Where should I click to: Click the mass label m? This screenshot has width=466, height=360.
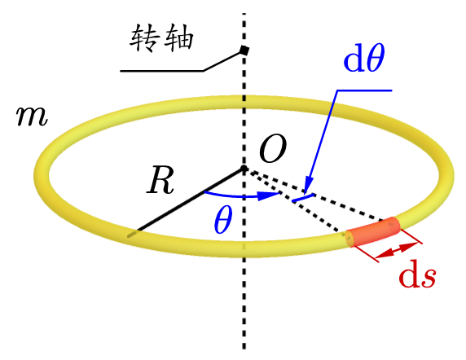pyautogui.click(x=32, y=116)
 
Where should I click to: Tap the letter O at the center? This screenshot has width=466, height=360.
pyautogui.click(x=273, y=149)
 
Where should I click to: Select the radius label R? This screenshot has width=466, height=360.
pyautogui.click(x=160, y=180)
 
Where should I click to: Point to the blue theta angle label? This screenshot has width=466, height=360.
pyautogui.click(x=223, y=220)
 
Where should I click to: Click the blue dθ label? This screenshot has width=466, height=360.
pyautogui.click(x=364, y=57)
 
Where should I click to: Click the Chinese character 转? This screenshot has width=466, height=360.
pyautogui.click(x=143, y=38)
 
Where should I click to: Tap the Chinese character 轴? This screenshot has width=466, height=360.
pyautogui.click(x=179, y=38)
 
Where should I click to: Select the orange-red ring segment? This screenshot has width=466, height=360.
pyautogui.click(x=372, y=231)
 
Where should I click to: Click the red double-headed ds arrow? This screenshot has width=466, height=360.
pyautogui.click(x=397, y=250)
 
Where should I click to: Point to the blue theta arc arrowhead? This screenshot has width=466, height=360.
pyautogui.click(x=268, y=195)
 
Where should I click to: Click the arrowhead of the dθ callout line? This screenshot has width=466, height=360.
pyautogui.click(x=308, y=185)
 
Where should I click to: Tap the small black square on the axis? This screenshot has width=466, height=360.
pyautogui.click(x=244, y=50)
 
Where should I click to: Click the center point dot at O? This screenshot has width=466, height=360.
pyautogui.click(x=244, y=169)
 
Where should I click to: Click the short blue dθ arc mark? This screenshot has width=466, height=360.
pyautogui.click(x=303, y=198)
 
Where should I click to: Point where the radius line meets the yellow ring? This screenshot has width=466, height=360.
pyautogui.click(x=133, y=234)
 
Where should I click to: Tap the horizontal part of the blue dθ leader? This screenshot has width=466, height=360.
pyautogui.click(x=364, y=90)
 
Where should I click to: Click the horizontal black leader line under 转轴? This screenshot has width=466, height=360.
pyautogui.click(x=161, y=71)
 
